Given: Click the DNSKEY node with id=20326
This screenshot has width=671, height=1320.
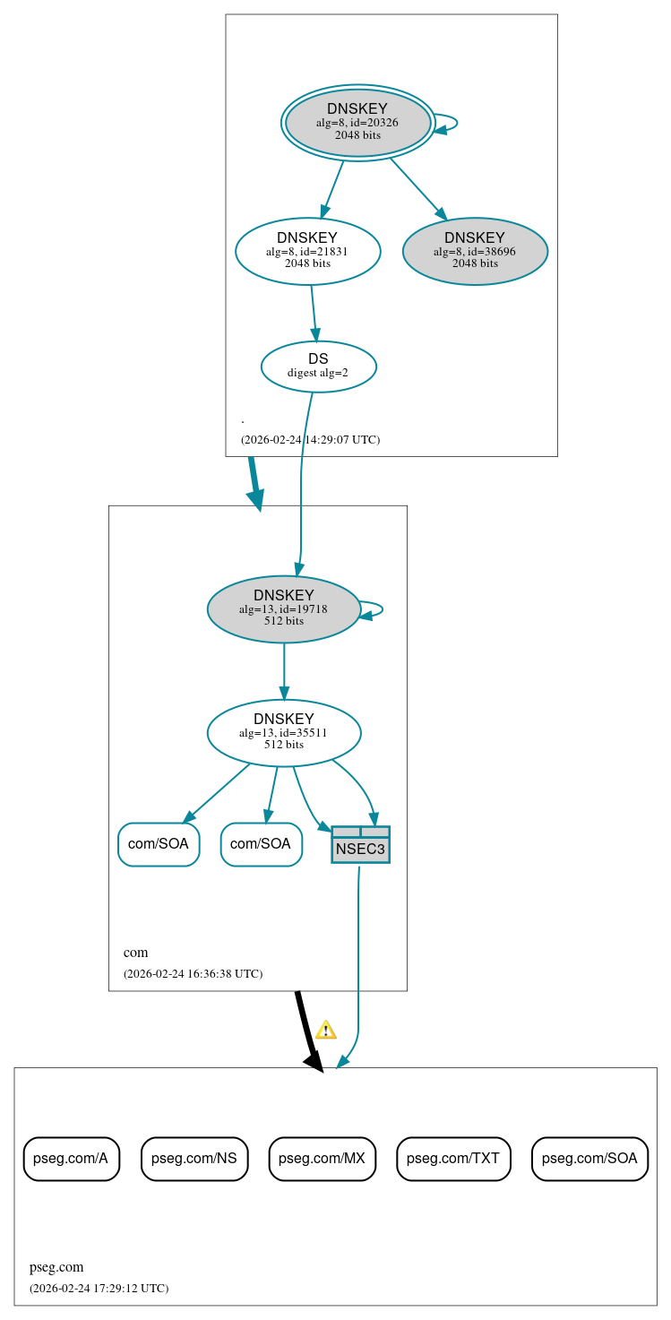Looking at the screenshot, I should tap(357, 123).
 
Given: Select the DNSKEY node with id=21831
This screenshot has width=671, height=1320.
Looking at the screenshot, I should tap(307, 251).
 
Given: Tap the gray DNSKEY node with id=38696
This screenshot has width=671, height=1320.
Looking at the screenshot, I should tap(475, 251).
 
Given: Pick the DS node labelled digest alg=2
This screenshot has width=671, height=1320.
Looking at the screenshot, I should tap(318, 366).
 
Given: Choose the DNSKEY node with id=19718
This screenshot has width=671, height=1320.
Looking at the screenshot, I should tap(283, 608).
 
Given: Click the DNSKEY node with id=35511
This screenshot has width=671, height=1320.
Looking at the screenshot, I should tap(283, 732).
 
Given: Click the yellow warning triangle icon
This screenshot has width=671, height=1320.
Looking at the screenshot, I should tap(326, 1030).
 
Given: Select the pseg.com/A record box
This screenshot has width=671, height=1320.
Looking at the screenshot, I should tap(71, 1159).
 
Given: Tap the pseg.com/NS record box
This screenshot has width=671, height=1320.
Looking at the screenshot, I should tap(194, 1159).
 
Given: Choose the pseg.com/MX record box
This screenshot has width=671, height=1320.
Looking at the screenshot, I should tap(322, 1159).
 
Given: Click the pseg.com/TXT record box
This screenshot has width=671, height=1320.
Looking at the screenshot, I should tap(453, 1159).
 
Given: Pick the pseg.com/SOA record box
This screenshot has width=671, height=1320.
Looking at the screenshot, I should tap(589, 1159).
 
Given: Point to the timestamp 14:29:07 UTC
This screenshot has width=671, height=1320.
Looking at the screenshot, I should tap(310, 440).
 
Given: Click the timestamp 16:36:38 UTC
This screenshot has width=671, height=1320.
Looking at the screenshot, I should tap(193, 973).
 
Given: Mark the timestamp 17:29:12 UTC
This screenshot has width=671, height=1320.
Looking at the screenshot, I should tap(99, 1289).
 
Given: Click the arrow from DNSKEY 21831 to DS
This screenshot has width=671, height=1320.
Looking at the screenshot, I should tap(314, 313).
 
